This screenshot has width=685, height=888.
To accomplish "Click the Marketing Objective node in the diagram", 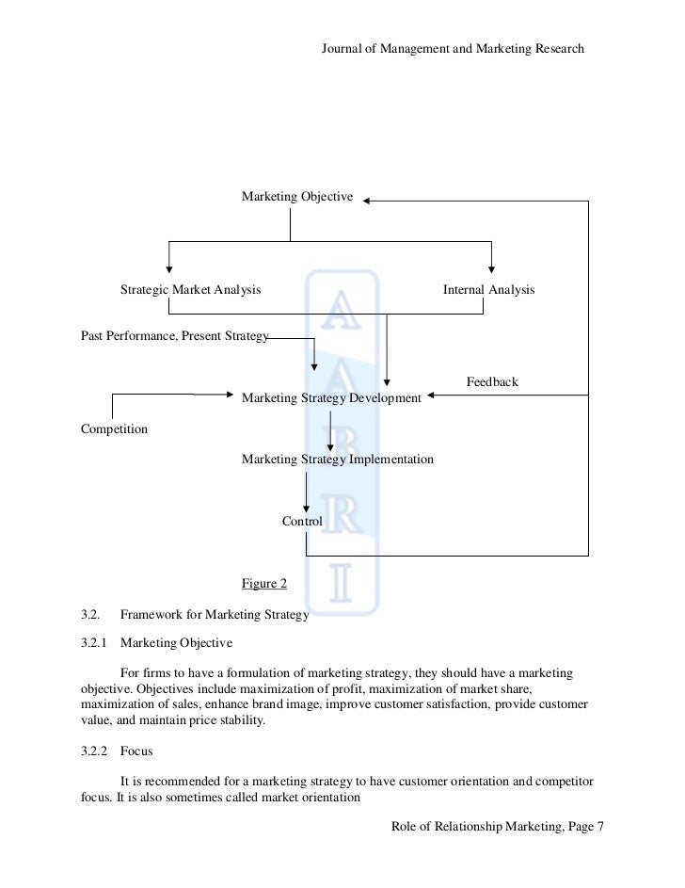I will click(296, 197).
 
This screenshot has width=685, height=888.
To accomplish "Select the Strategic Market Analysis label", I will click(190, 290).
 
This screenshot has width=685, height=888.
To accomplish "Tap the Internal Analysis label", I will click(488, 290).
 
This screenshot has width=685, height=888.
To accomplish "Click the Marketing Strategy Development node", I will click(331, 398).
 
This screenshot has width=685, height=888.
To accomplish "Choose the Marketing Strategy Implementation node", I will click(338, 460).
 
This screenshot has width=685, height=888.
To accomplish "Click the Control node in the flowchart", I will click(302, 521).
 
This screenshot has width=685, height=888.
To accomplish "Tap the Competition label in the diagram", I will click(115, 429).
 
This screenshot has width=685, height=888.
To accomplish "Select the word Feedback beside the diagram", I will click(492, 382).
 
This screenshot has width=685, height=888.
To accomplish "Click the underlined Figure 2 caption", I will click(264, 584).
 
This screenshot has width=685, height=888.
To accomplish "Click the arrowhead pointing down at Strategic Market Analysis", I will click(169, 267).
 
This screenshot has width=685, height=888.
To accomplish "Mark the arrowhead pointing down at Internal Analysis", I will click(491, 267).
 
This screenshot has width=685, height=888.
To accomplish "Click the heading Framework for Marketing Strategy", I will click(215, 616).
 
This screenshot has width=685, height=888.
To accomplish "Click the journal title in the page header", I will click(453, 47).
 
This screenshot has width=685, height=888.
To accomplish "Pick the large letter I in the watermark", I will click(340, 584).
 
